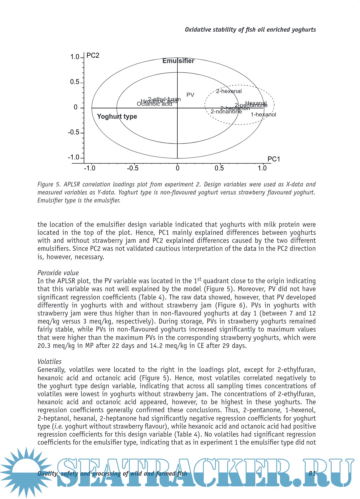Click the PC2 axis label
point(93,55)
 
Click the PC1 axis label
point(274,159)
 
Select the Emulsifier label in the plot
point(178,61)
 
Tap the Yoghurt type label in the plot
point(117,116)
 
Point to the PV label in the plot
point(190,95)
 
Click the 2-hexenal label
point(229,91)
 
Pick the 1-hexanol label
point(263,114)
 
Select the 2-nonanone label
point(226,112)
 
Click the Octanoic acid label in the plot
point(154,104)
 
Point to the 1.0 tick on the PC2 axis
point(75,57)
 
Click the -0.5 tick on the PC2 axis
point(74,132)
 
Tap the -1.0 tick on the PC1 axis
point(89,168)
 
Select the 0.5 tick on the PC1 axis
point(219,168)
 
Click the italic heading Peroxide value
point(58,273)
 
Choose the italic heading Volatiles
point(49,362)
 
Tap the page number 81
point(312,473)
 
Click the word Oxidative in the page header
point(198,30)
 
